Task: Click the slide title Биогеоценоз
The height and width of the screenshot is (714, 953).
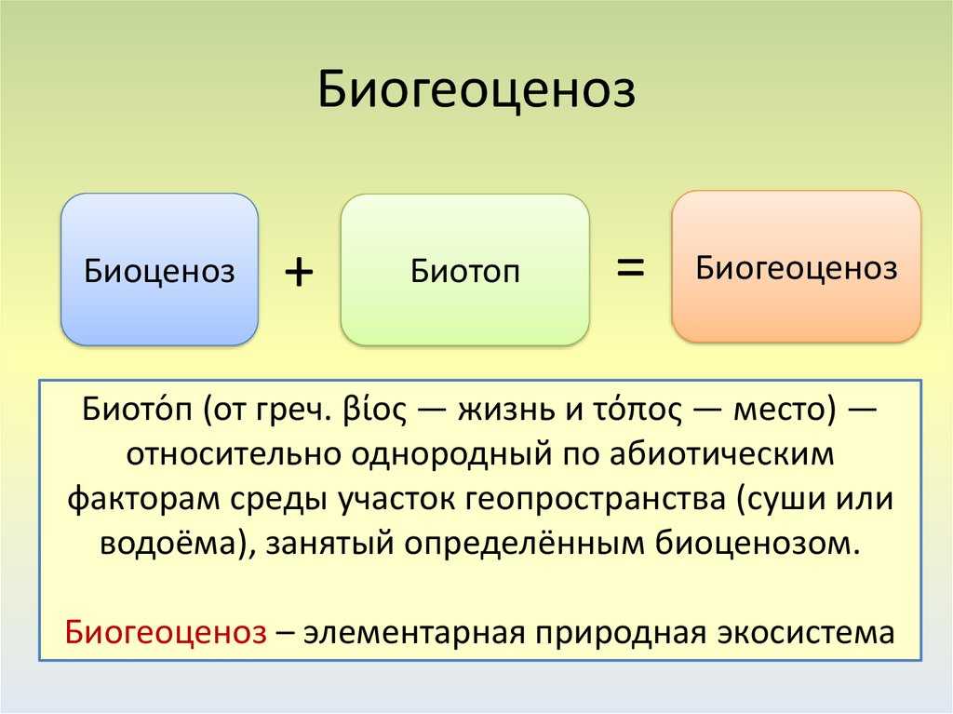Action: pyautogui.click(x=476, y=90)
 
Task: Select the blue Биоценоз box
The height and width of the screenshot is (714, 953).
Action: pyautogui.click(x=159, y=269)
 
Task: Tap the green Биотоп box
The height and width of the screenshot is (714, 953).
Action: pyautogui.click(x=465, y=269)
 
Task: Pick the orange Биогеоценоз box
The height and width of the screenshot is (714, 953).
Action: pyautogui.click(x=797, y=266)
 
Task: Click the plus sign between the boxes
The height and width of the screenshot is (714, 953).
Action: pyautogui.click(x=299, y=271)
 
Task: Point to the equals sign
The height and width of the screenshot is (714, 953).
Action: pyautogui.click(x=630, y=267)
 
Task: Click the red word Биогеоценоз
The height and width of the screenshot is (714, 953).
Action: pyautogui.click(x=166, y=632)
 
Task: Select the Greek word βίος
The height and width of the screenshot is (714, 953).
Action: pyautogui.click(x=374, y=410)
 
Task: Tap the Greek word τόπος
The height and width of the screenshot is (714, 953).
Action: pyautogui.click(x=638, y=410)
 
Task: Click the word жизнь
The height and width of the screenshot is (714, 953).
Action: pyautogui.click(x=507, y=411)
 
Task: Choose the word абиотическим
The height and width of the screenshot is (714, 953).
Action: pyautogui.click(x=722, y=454)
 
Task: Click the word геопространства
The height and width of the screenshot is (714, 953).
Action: pyautogui.click(x=597, y=499)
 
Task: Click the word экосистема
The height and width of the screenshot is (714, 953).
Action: pyautogui.click(x=806, y=633)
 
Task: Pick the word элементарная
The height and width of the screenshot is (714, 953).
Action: pyautogui.click(x=414, y=633)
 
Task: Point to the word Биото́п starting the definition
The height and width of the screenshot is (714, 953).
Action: pyautogui.click(x=137, y=409)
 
